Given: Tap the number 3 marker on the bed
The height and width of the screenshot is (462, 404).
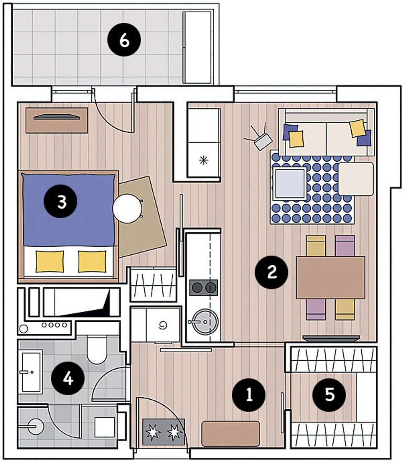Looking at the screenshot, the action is tap(60, 201).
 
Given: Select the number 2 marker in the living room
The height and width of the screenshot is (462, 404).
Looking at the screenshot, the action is tap(272, 272).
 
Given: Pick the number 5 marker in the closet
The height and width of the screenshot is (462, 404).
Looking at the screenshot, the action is tap(329, 395).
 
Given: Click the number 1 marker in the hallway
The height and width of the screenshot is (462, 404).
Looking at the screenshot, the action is tap(249, 395).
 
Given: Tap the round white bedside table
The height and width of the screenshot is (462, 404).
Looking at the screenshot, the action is tap(127, 209).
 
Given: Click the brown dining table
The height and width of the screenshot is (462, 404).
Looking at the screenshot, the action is tap(331, 278).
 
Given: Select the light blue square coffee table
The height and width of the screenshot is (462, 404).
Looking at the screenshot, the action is tap(290, 183).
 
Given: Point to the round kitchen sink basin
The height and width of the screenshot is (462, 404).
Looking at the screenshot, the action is tap(206, 321).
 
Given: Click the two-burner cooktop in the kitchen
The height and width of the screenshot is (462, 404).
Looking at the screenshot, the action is tap(204, 287).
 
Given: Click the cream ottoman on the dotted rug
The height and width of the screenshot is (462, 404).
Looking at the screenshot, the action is tap(356, 179).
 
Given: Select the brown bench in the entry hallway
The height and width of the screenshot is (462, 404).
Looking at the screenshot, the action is tap(230, 434).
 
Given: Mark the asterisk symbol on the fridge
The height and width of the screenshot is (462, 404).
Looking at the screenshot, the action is tap(204, 161).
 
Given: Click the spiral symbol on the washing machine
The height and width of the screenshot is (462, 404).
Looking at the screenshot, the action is tap(163, 326).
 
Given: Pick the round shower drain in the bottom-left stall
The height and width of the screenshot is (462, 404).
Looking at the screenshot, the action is tap(35, 427).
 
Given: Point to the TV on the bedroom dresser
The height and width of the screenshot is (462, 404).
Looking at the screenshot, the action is tap(57, 117).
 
